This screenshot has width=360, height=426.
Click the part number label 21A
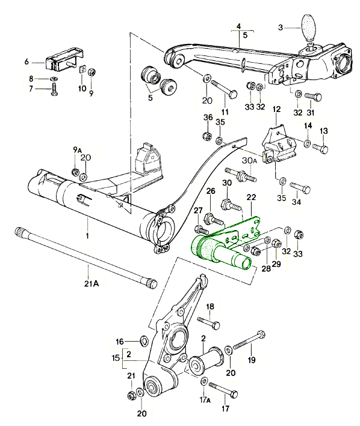click(x=92, y=283)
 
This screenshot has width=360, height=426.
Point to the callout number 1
click(x=87, y=237)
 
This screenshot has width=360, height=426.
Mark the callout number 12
click(x=276, y=110)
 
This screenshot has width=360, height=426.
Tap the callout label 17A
click(x=205, y=399)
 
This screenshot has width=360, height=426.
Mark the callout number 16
click(x=119, y=341)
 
